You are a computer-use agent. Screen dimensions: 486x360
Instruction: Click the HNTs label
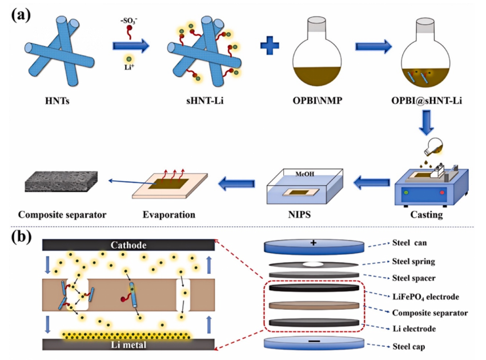(57, 101)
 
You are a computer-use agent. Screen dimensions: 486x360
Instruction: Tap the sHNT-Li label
(204, 101)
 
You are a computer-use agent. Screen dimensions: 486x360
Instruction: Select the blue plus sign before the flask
(270, 46)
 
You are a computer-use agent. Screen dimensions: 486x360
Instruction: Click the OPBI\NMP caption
(318, 101)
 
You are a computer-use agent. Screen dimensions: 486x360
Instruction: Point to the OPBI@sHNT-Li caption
(427, 101)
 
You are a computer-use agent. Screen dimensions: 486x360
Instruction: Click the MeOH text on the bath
(305, 174)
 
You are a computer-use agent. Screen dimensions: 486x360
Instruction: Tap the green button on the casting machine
(407, 193)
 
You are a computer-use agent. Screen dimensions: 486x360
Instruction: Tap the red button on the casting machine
(442, 193)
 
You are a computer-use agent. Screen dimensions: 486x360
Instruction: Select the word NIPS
(299, 215)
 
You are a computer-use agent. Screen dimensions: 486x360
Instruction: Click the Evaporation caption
(169, 215)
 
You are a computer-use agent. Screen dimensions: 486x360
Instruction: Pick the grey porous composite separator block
(61, 181)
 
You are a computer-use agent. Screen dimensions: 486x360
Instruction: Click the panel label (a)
(21, 15)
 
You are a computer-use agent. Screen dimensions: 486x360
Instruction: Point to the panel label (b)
(21, 237)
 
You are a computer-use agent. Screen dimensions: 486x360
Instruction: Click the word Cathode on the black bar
(128, 245)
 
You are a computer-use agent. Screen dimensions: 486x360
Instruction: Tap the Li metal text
(128, 345)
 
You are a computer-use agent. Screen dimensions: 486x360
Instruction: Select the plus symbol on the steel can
(314, 243)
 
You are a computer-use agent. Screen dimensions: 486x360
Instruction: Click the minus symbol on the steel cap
(314, 341)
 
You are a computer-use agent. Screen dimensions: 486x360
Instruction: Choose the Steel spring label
(413, 261)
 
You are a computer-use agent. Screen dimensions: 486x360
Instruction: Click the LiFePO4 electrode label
(425, 297)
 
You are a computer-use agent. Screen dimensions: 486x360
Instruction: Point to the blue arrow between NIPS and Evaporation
(236, 183)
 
